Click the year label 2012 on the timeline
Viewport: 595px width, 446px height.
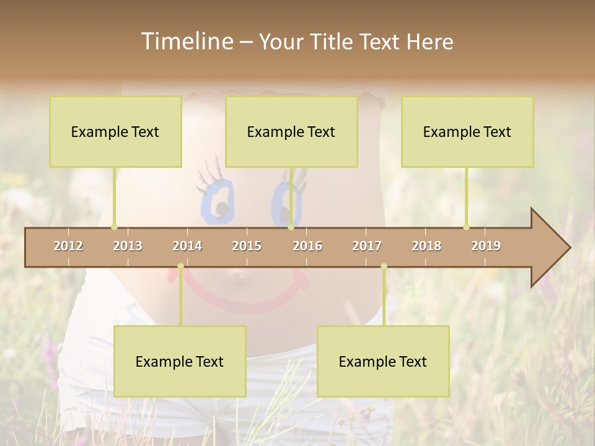tap(68, 246)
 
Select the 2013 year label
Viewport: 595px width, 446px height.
tap(128, 246)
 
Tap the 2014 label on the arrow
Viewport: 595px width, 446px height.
tap(187, 246)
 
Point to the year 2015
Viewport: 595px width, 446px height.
tap(247, 246)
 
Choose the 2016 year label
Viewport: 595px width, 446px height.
tap(307, 246)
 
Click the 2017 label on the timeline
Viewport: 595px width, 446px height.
tap(367, 246)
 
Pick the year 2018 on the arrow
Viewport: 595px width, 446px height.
tap(426, 246)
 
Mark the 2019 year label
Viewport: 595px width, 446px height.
tap(486, 246)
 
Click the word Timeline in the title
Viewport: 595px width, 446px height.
tap(187, 42)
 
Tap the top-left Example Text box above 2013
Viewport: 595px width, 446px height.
tap(115, 131)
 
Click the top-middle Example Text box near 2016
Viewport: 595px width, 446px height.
tap(291, 131)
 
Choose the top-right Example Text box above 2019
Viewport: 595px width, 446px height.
tap(467, 131)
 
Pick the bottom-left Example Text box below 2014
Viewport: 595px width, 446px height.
tap(180, 361)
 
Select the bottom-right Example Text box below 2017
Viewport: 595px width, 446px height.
tap(383, 361)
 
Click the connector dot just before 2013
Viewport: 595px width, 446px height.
tap(114, 227)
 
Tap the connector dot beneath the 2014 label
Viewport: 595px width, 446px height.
tap(180, 266)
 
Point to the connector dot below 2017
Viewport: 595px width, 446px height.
tap(384, 266)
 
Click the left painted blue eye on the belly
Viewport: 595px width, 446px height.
tap(218, 201)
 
